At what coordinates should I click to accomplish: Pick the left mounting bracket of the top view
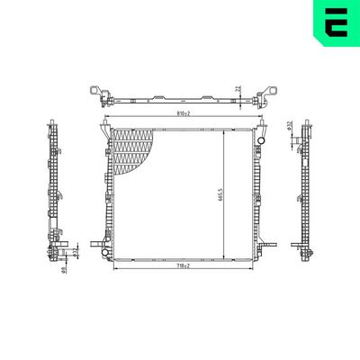[x=97, y=93]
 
